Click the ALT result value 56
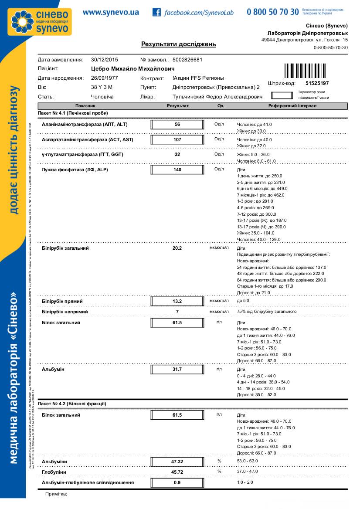tap(177, 125)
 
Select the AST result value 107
tap(177, 140)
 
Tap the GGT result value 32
tap(177, 155)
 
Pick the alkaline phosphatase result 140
tap(177, 170)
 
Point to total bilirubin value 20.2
tap(177, 248)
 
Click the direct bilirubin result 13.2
tap(177, 301)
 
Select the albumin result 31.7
tap(177, 370)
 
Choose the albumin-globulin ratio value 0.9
tap(177, 483)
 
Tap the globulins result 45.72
tap(177, 472)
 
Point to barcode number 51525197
tap(317, 83)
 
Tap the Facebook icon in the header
tap(156, 12)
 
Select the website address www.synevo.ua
tap(111, 12)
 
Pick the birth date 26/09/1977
tap(105, 78)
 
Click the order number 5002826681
tap(187, 60)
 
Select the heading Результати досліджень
tap(178, 44)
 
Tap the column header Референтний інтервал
tap(292, 106)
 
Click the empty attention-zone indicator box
tap(282, 95)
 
